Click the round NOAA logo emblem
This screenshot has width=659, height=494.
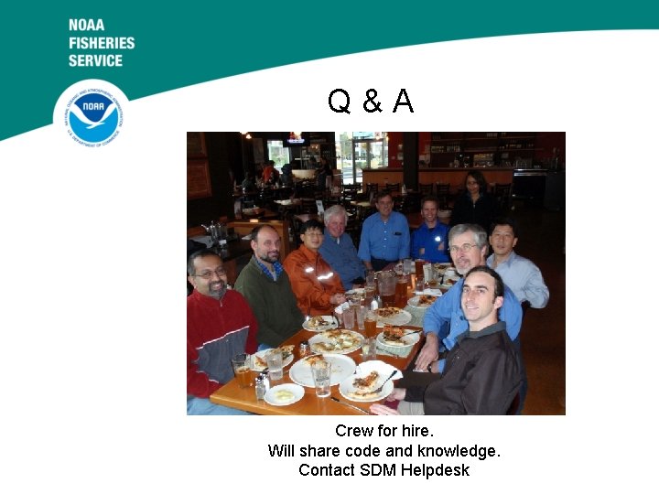pyautogui.click(x=91, y=114)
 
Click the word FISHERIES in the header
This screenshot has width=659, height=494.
pyautogui.click(x=101, y=43)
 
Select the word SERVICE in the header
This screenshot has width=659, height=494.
pyautogui.click(x=95, y=60)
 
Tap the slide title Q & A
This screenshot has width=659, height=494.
pyautogui.click(x=371, y=102)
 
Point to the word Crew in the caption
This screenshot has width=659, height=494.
pyautogui.click(x=353, y=430)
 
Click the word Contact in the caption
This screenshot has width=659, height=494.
pyautogui.click(x=327, y=470)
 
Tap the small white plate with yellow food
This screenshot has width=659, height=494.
pyautogui.click(x=284, y=393)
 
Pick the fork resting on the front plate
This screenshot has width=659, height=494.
pyautogui.click(x=384, y=380)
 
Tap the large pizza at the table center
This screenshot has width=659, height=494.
pyautogui.click(x=336, y=341)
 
